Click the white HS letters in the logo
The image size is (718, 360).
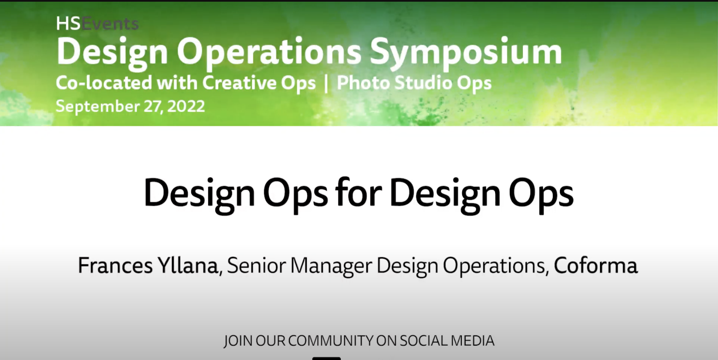[68, 24]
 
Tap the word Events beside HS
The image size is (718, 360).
[110, 24]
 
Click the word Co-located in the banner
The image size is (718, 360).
[104, 83]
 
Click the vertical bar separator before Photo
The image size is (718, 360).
[326, 83]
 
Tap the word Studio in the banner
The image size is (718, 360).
[423, 83]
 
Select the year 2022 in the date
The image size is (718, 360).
[186, 106]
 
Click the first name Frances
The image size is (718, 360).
[115, 266]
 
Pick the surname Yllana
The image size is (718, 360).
[188, 266]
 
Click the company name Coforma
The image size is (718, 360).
[595, 266]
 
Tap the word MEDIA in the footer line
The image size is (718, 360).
[472, 341]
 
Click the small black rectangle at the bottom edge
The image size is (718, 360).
[326, 358]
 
